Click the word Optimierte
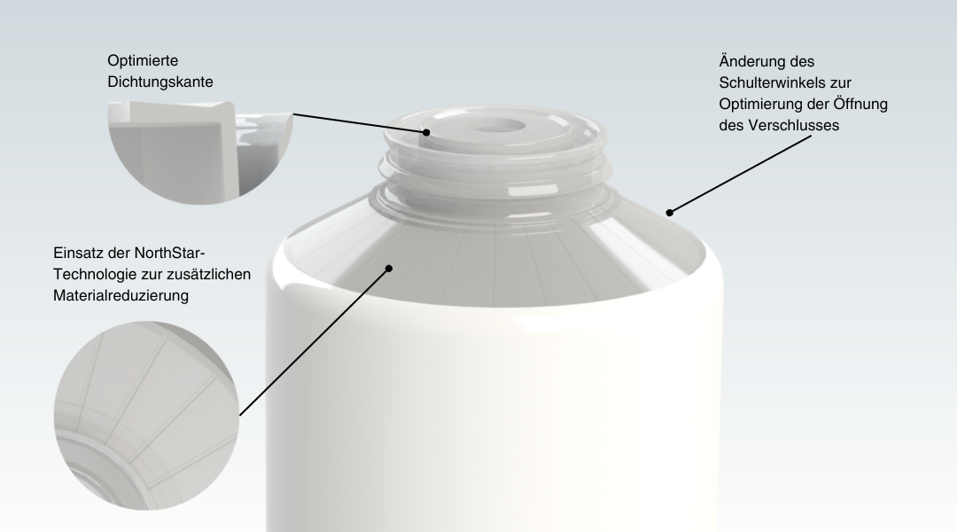pos(143,60)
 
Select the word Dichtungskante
pos(159,82)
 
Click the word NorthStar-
pos(169,253)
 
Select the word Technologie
pos(91,274)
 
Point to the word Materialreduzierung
pos(121,295)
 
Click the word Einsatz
pos(76,253)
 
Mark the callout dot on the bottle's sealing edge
pos(426,132)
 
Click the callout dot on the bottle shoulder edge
pos(670,213)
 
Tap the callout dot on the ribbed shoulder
pos(389,268)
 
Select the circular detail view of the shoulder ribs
pos(146,415)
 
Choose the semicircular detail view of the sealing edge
pos(201,153)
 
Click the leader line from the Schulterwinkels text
pos(740,174)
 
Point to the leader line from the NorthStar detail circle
pos(314,342)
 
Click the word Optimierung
pos(759,104)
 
